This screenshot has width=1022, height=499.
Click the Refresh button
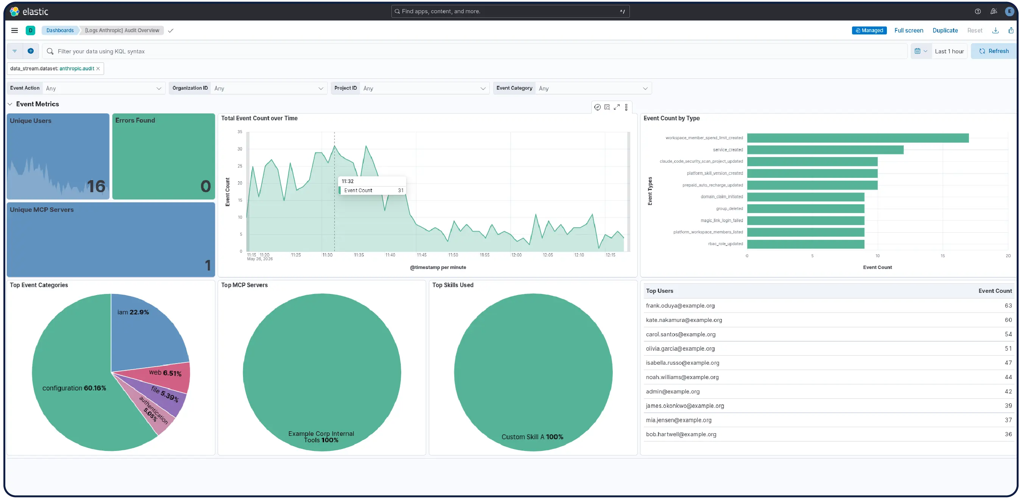(994, 51)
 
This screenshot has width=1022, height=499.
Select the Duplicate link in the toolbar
(945, 31)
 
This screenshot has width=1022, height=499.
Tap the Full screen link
(908, 31)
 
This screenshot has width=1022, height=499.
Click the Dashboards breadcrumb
(60, 31)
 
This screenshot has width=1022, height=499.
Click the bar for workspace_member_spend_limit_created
(857, 138)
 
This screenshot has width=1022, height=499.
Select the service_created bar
(825, 150)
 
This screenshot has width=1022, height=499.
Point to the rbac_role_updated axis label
(725, 244)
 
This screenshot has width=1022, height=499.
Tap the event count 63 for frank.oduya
(1008, 305)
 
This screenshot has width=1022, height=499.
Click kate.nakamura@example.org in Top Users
(684, 320)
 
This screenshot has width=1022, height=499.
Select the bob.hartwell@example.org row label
(681, 434)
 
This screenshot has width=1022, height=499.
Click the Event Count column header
(995, 291)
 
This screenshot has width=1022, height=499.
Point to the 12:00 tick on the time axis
(516, 255)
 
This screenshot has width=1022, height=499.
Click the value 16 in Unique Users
(96, 187)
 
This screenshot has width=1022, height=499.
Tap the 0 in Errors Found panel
(206, 187)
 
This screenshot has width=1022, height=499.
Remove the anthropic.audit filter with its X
(98, 68)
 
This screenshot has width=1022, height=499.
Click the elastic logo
(29, 11)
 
